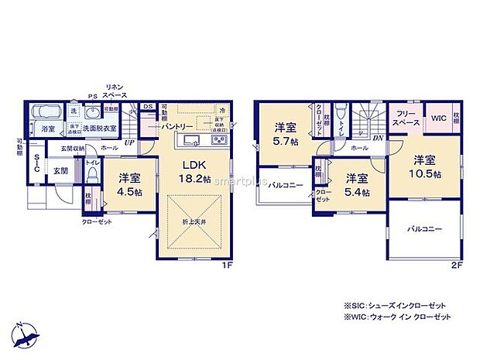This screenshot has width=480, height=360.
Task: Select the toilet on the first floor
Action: tap(92, 177)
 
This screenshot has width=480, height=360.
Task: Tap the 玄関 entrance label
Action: tap(60, 170)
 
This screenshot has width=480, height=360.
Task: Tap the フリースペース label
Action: tap(405, 118)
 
